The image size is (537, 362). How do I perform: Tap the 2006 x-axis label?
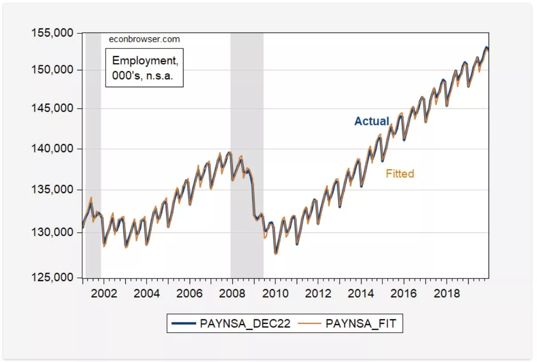(x=190, y=294)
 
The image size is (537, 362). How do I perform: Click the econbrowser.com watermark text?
(x=144, y=39)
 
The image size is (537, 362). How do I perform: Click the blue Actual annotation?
(x=371, y=121)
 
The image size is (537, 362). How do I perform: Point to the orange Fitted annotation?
(x=400, y=174)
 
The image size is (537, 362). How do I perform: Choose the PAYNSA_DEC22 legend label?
(x=245, y=324)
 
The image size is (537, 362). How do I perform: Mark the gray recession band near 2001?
(x=93, y=156)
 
